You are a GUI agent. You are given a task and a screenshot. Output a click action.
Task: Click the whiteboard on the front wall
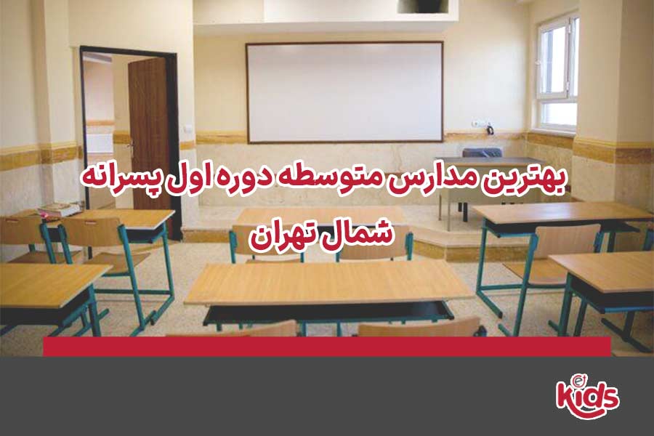tap(344, 92)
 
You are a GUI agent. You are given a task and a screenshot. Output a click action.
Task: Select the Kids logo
tap(587, 395)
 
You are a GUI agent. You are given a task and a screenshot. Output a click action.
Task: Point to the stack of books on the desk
tap(58, 209)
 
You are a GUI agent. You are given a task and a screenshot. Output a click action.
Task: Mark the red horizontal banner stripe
tap(326, 347)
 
